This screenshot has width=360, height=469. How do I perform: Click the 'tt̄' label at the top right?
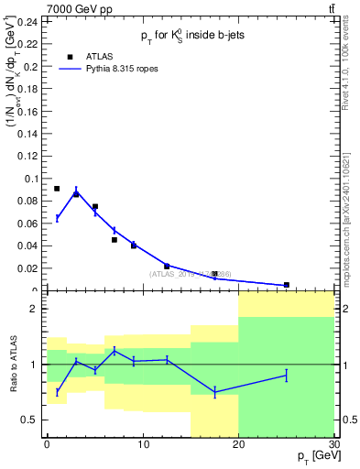330,8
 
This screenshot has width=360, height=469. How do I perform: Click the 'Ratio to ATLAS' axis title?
12,365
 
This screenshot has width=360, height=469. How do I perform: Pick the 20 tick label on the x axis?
238,444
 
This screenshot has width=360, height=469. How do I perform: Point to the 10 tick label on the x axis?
143,444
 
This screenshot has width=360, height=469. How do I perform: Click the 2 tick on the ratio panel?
37,309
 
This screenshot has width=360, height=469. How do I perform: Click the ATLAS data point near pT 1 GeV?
57,189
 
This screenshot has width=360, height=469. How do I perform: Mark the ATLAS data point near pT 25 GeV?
287,285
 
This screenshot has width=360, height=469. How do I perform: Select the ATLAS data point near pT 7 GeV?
115,240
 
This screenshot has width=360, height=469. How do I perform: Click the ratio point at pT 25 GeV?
287,375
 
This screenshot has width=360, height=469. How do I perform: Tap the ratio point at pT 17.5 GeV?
214,392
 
